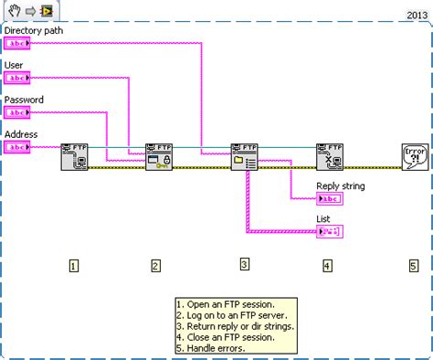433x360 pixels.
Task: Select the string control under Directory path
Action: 18,45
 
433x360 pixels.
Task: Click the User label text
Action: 15,66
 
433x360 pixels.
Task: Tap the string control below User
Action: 18,79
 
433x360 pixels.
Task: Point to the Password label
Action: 25,100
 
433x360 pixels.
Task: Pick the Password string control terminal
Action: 18,112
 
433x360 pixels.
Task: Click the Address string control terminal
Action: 18,146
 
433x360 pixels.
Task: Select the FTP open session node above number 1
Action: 74,157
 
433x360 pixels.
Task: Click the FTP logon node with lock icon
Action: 158,157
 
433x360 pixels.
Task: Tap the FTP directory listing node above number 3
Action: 244,157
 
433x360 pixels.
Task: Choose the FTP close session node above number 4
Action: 329,157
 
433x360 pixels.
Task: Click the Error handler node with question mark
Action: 414,157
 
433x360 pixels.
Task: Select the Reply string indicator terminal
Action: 329,198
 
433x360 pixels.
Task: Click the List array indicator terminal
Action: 329,232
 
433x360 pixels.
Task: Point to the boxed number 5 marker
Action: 413,266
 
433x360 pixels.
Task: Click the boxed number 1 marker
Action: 74,266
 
